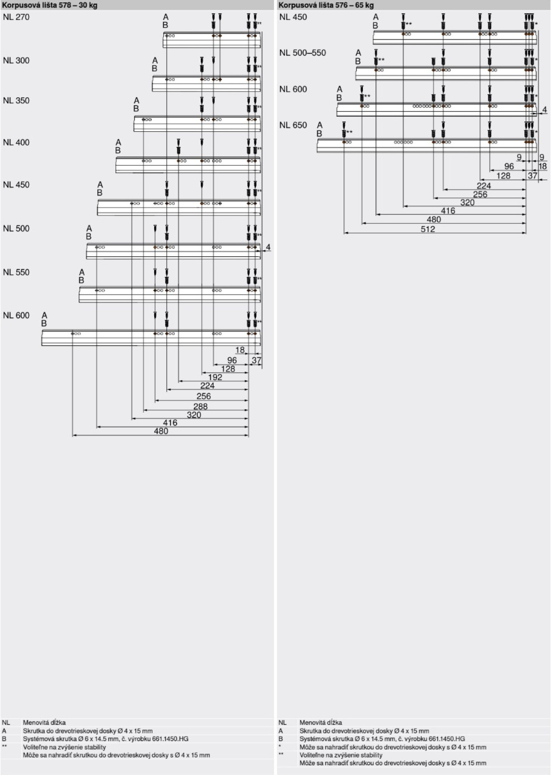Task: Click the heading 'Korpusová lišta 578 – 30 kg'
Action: [x=50, y=5]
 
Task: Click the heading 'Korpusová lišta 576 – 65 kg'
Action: [x=326, y=5]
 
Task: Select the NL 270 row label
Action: [x=16, y=17]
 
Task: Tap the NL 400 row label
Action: [x=16, y=142]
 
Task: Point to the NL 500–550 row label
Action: [x=302, y=53]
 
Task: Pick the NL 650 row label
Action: [x=293, y=125]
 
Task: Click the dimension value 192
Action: [x=215, y=377]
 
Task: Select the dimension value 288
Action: [x=200, y=406]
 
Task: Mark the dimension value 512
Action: [x=428, y=229]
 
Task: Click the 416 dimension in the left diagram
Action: [x=170, y=423]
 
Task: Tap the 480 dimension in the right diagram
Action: [x=434, y=220]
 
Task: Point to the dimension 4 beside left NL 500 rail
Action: [x=268, y=247]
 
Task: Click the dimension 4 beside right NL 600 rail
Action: [x=545, y=109]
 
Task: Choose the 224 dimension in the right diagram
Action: [x=484, y=186]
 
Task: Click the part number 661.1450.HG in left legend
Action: [x=170, y=739]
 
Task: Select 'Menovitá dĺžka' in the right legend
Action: [x=321, y=723]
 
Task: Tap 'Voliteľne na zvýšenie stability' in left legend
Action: [x=65, y=747]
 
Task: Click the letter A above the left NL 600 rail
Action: [x=44, y=315]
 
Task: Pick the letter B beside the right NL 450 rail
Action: [x=375, y=25]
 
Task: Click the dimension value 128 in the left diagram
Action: [x=228, y=369]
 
